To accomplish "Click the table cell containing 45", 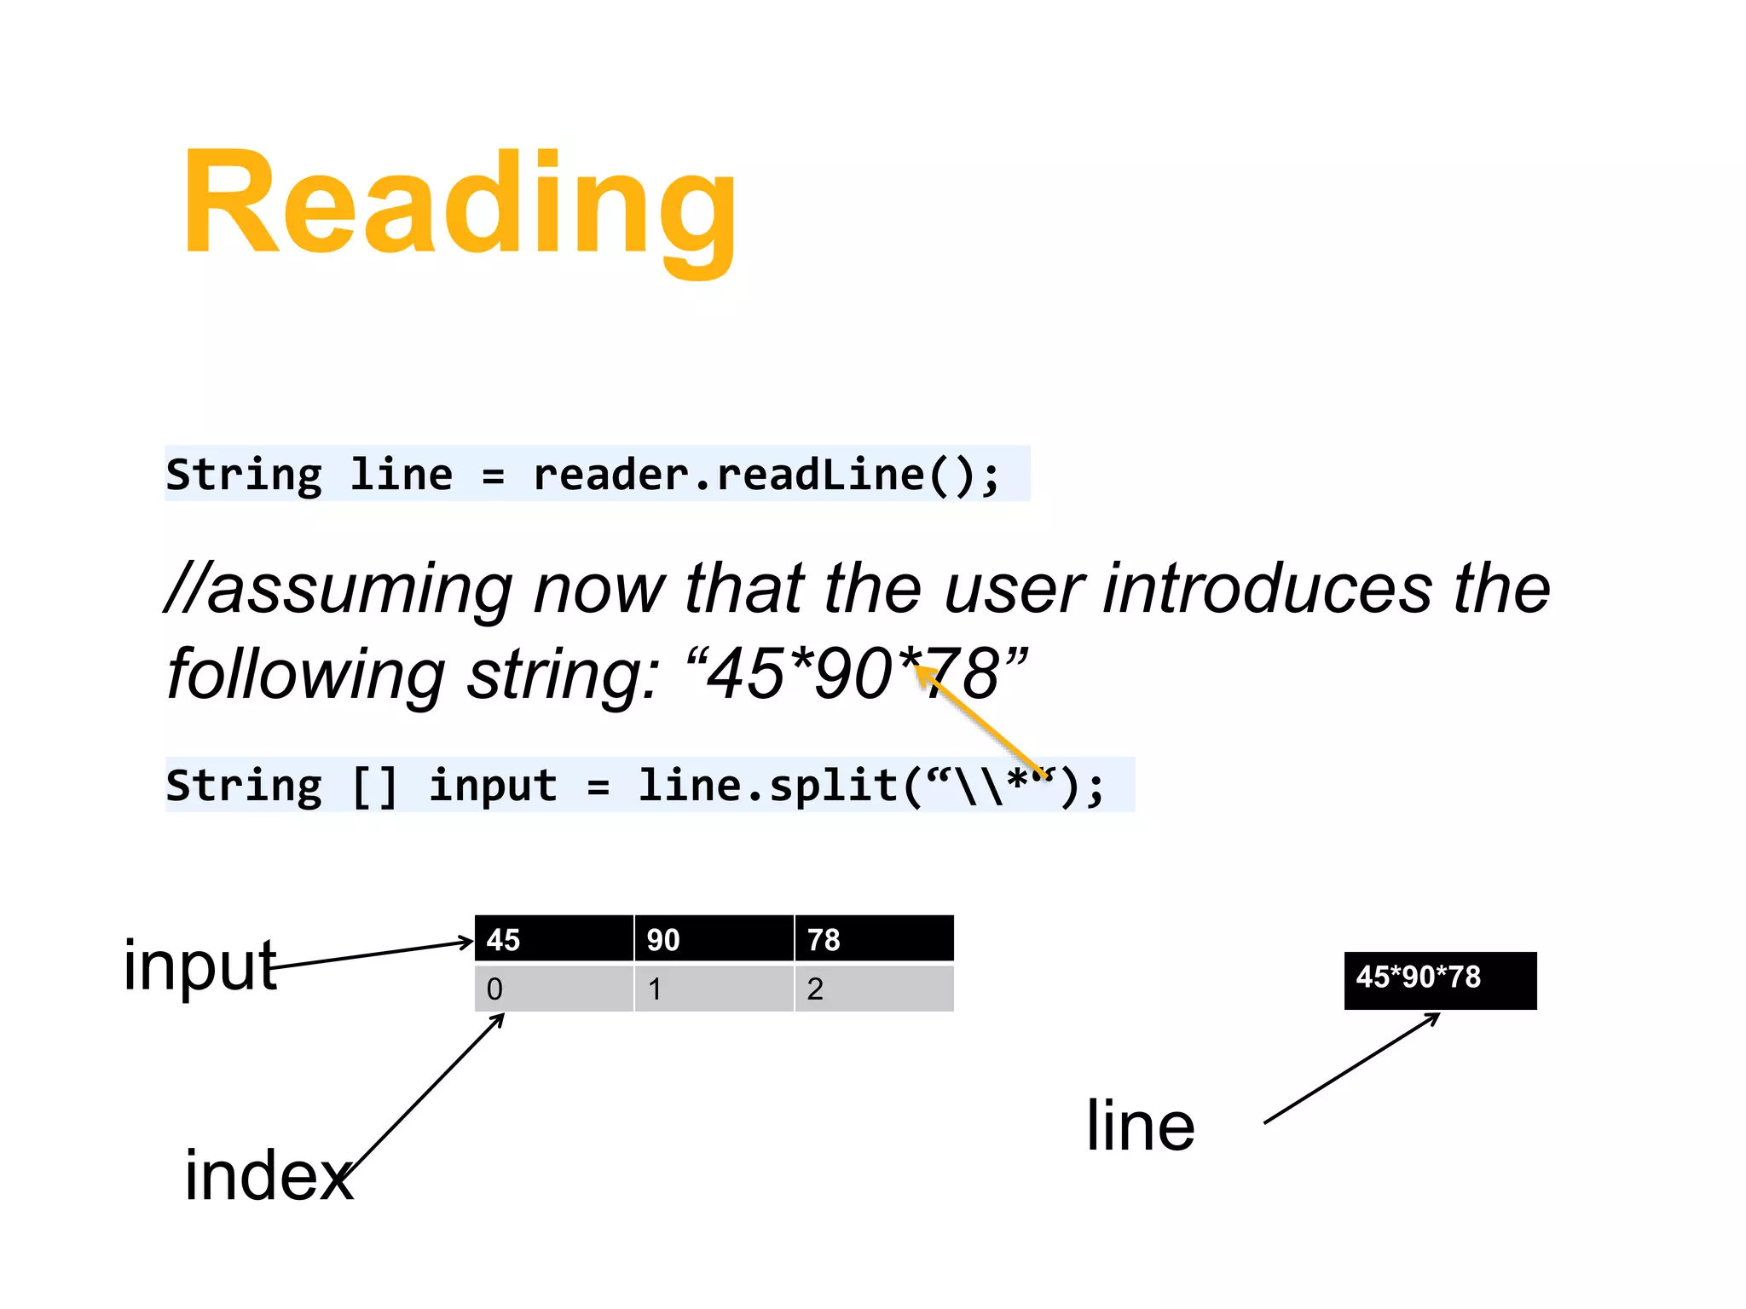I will (553, 939).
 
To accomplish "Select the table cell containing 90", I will (714, 939).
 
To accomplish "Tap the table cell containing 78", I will (874, 939).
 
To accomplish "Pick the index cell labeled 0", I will (553, 989).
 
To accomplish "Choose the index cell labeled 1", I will (714, 989).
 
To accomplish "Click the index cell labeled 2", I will (874, 989).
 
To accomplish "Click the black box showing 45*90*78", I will (1440, 980).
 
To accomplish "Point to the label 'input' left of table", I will (200, 965).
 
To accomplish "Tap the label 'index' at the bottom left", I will (269, 1176).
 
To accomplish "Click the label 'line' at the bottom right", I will (1141, 1125).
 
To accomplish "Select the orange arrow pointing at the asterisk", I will (980, 720).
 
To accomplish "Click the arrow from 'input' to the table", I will (375, 954).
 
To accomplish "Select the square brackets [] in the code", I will (375, 786).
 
